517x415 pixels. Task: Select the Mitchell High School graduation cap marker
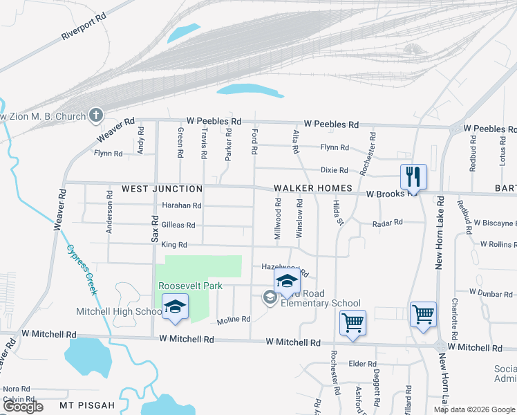click(x=175, y=306)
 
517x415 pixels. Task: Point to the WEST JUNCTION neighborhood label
click(x=162, y=189)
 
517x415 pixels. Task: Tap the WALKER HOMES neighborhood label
click(x=314, y=188)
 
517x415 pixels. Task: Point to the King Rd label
click(x=173, y=245)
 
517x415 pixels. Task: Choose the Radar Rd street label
click(x=387, y=223)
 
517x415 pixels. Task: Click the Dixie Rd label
click(x=334, y=170)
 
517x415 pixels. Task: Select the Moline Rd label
click(x=232, y=320)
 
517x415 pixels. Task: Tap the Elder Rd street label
click(x=362, y=364)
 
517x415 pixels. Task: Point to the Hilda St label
click(x=339, y=212)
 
